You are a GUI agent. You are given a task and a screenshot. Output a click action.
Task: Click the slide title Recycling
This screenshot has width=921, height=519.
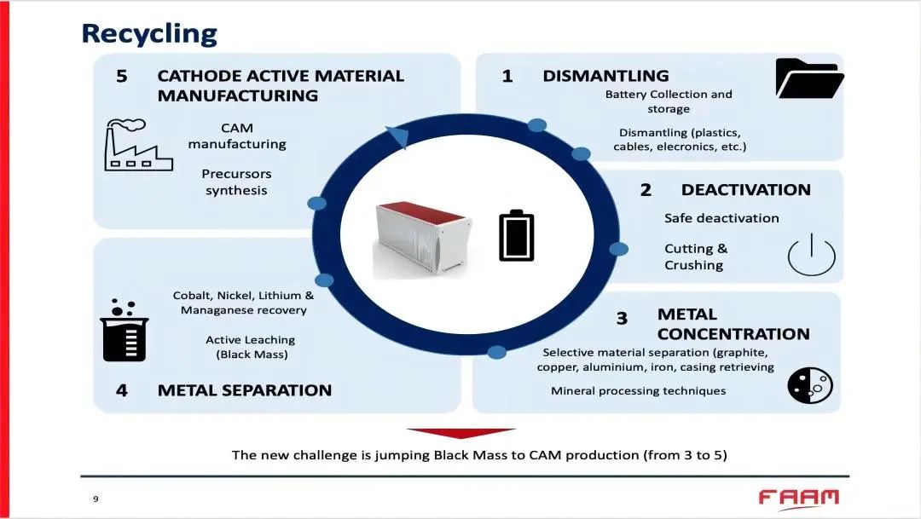coord(149,33)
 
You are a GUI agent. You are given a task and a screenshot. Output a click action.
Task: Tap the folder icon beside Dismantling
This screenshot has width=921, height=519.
coord(808,78)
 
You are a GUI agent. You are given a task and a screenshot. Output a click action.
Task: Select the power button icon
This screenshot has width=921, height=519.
coord(811,255)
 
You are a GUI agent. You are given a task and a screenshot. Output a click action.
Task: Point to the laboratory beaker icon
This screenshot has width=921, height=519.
coord(125,332)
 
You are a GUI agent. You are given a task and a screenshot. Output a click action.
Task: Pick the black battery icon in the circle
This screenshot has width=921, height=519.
coord(516,235)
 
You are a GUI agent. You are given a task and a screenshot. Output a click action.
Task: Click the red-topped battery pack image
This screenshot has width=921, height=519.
coord(423,239)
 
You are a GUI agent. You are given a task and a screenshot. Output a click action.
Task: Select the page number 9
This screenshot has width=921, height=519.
coord(96,499)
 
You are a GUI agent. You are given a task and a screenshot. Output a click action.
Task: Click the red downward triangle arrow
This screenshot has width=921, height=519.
coord(460,433)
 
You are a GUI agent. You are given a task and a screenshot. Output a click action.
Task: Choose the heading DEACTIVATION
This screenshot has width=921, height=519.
coord(745,189)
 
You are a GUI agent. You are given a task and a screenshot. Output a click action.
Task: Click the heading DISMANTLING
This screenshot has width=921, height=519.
coord(605,76)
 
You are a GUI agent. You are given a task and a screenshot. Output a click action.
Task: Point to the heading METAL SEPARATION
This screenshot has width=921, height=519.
coord(244,390)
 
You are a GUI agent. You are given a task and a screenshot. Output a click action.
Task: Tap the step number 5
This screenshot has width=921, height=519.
coord(122,76)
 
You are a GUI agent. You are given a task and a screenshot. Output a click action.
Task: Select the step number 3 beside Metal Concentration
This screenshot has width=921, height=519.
coord(622,319)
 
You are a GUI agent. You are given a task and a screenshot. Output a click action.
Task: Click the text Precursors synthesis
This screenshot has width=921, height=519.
coord(236,182)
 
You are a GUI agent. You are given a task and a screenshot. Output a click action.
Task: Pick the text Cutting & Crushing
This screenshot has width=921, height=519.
coord(696,257)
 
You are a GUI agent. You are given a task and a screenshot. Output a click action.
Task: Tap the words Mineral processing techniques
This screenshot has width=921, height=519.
coord(638,390)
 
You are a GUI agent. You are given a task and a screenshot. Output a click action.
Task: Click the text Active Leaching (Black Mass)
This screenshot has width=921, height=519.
coord(251,347)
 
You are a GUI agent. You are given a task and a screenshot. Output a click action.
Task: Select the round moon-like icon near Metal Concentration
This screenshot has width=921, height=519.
coord(809,385)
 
